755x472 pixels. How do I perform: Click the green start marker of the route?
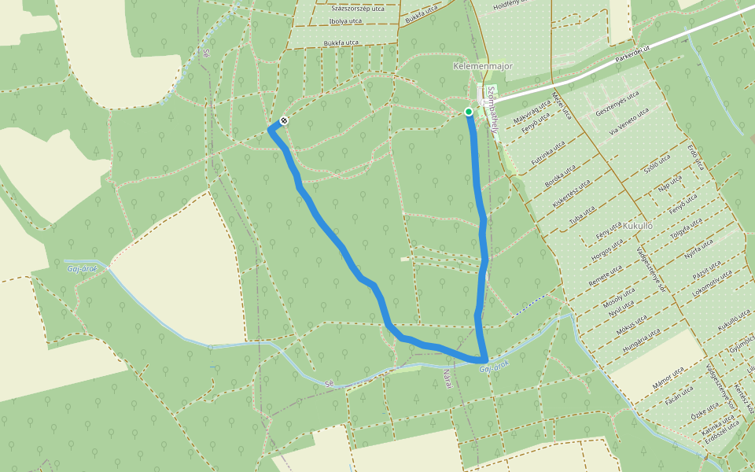tap(469, 112)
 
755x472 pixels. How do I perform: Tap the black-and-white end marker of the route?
tap(282, 121)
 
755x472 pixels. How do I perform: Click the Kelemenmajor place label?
tap(483, 66)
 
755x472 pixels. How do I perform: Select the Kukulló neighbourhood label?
tap(638, 225)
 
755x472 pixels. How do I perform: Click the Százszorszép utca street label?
tap(358, 8)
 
